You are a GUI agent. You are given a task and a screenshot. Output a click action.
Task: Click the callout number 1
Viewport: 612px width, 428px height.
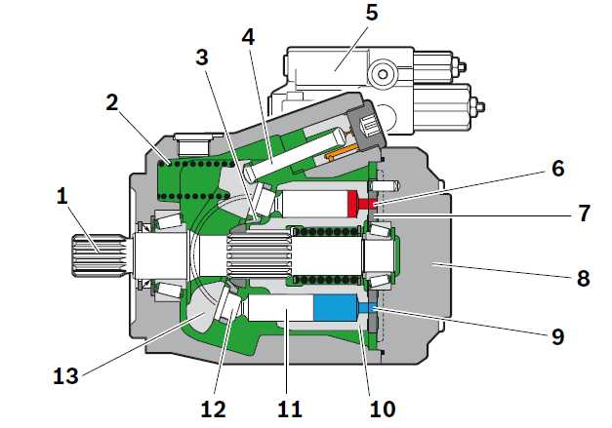(x=62, y=196)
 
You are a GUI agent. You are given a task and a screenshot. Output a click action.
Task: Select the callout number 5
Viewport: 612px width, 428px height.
(x=372, y=13)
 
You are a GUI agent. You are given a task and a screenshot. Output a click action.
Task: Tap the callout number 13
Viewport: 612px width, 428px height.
(x=65, y=376)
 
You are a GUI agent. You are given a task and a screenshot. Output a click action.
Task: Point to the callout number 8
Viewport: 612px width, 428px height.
(x=583, y=279)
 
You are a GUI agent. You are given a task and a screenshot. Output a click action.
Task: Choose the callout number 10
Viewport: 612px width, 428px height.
(x=383, y=409)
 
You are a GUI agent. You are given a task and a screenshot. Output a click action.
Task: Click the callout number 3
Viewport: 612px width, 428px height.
(x=202, y=58)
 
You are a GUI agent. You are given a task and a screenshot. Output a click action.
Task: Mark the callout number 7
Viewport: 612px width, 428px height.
(x=584, y=214)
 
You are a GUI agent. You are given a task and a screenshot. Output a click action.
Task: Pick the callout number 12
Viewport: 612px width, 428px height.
(x=213, y=409)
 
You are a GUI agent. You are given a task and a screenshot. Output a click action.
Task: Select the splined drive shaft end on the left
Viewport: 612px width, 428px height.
(x=98, y=255)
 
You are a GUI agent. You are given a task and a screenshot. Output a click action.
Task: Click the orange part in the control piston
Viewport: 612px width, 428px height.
(x=343, y=152)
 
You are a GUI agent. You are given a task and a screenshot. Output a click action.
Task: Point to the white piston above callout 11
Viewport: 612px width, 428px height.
(x=281, y=307)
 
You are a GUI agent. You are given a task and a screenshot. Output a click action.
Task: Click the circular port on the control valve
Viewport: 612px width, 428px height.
(x=383, y=74)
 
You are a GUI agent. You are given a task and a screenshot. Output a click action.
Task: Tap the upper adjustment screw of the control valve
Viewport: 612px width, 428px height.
(x=460, y=66)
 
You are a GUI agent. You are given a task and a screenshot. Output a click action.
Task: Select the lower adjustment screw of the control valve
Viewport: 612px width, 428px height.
(x=477, y=105)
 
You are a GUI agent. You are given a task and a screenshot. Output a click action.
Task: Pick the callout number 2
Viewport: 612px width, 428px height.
(x=112, y=103)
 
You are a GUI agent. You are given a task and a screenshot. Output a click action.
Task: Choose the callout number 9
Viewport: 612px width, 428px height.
(x=558, y=336)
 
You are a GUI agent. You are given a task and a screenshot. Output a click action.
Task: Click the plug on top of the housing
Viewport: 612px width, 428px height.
(x=193, y=144)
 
